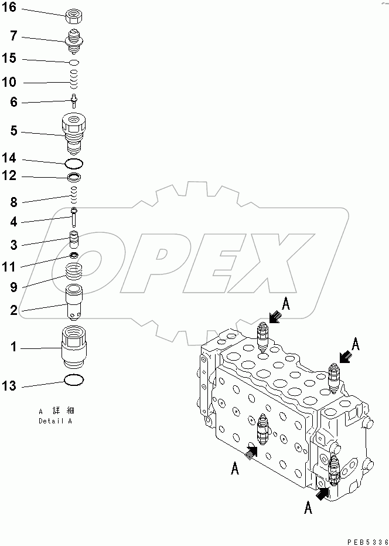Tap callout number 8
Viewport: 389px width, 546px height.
coord(13,202)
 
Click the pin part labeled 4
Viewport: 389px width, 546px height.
coord(74,217)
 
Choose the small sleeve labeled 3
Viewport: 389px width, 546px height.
coord(74,240)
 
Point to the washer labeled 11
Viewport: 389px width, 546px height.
coord(74,256)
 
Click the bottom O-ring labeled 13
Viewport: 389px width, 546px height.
coord(74,381)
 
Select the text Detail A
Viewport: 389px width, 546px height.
coord(56,421)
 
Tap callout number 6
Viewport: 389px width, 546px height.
coord(13,103)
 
